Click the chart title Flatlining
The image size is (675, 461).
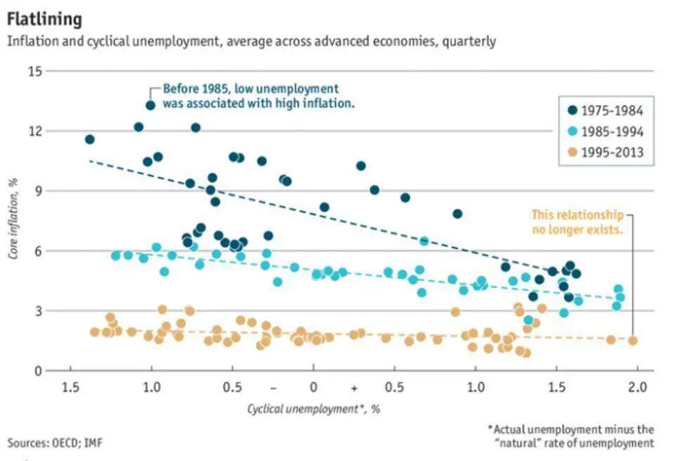44,19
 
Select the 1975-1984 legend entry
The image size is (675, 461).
605,110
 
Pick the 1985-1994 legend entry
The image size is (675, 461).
605,131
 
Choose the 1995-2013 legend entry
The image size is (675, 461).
605,152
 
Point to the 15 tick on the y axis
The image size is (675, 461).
35,71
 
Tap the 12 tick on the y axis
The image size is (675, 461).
35,131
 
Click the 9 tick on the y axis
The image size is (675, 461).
38,191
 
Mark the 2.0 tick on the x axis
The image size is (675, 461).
637,387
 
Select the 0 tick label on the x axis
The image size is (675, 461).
314,387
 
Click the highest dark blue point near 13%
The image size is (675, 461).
150,105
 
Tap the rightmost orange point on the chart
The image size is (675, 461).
632,341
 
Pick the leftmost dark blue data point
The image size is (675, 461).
89,139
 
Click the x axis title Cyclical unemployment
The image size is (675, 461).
303,408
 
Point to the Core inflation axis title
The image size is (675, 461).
13,218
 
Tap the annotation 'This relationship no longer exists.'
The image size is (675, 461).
578,222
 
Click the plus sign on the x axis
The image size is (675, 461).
354,389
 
